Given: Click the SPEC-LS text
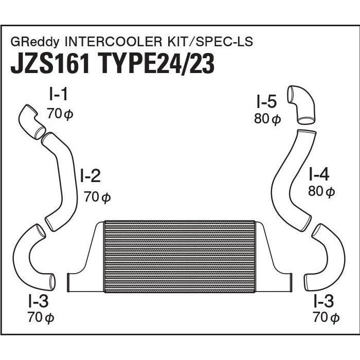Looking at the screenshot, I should pyautogui.click(x=228, y=42).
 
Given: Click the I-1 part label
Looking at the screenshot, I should pyautogui.click(x=58, y=95).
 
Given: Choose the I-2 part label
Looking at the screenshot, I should pyautogui.click(x=90, y=177).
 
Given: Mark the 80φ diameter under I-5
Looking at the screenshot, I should pyautogui.click(x=266, y=119).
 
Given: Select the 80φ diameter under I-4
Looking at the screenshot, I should pyautogui.click(x=321, y=192).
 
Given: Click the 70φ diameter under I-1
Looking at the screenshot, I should pyautogui.click(x=60, y=114).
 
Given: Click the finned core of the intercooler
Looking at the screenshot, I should pyautogui.click(x=179, y=257).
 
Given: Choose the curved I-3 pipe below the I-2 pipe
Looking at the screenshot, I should pyautogui.click(x=33, y=257).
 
